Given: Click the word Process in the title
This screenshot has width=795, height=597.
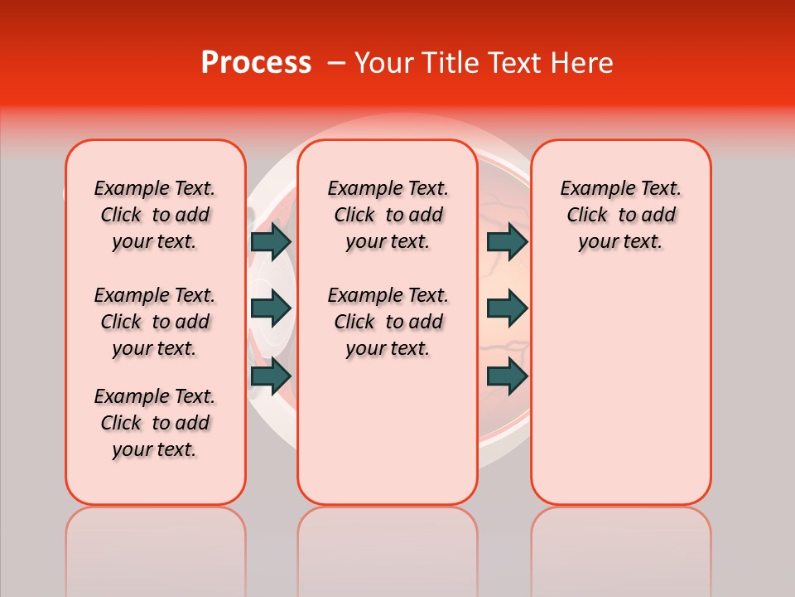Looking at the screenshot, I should (256, 63).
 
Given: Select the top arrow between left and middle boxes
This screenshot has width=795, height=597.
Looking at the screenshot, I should (271, 241).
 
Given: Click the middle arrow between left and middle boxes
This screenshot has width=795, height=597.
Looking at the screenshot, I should (271, 308).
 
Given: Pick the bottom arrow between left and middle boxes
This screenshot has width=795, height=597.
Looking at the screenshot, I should (271, 376).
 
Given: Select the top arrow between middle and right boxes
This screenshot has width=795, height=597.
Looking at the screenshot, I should (507, 241).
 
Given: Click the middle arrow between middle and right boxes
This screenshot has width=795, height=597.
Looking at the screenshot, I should (507, 308).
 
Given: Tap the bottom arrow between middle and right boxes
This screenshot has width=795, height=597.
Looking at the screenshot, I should (507, 376).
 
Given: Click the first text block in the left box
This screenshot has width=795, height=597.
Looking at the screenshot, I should (155, 215).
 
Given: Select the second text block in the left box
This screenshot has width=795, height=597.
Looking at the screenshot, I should (155, 322).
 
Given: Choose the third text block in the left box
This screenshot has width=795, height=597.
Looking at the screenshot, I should (155, 423).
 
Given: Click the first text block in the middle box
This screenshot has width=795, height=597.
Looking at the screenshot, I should (388, 215).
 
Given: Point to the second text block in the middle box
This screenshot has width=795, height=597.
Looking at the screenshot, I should (388, 322).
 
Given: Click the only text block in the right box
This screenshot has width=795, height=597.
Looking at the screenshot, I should (620, 215).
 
